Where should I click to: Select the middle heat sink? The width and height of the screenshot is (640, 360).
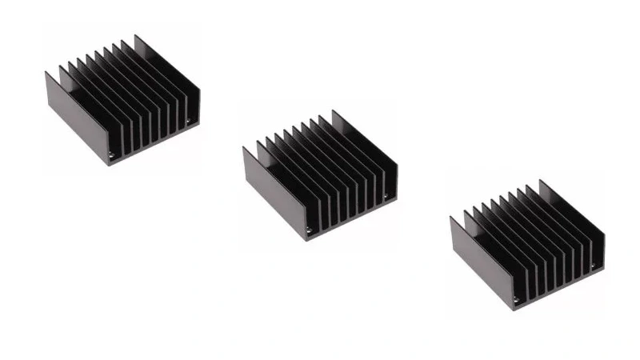(320, 176)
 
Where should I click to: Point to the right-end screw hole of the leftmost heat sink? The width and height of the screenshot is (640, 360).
(188, 123)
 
